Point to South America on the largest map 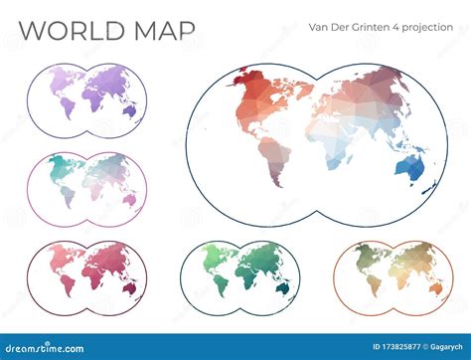tap(270, 158)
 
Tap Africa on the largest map tap(325, 144)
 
